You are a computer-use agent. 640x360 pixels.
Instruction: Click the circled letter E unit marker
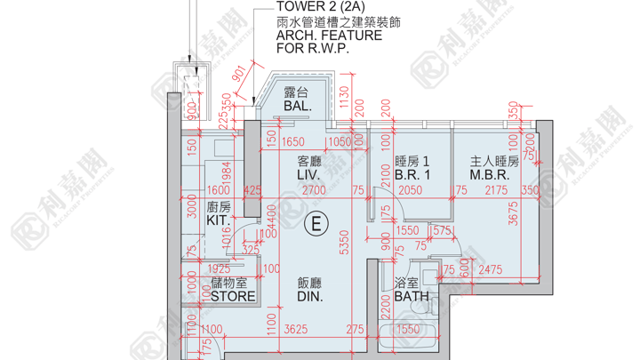[313, 223]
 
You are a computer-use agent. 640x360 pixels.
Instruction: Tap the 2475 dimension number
[489, 269]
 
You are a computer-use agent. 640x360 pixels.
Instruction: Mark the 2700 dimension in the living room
[312, 189]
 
